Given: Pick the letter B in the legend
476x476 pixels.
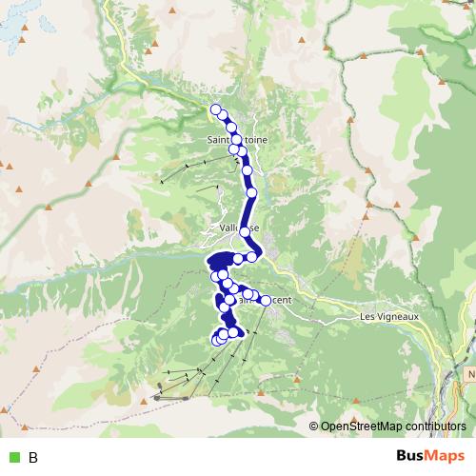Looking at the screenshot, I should [33, 458].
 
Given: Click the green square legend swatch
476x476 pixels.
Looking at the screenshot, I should [13, 458].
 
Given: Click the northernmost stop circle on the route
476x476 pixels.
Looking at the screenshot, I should [216, 109].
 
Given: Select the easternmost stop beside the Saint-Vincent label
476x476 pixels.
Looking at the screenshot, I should [265, 301].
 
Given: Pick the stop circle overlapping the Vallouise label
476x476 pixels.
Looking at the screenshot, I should [246, 231].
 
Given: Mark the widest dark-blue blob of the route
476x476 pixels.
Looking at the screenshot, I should [221, 261].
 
